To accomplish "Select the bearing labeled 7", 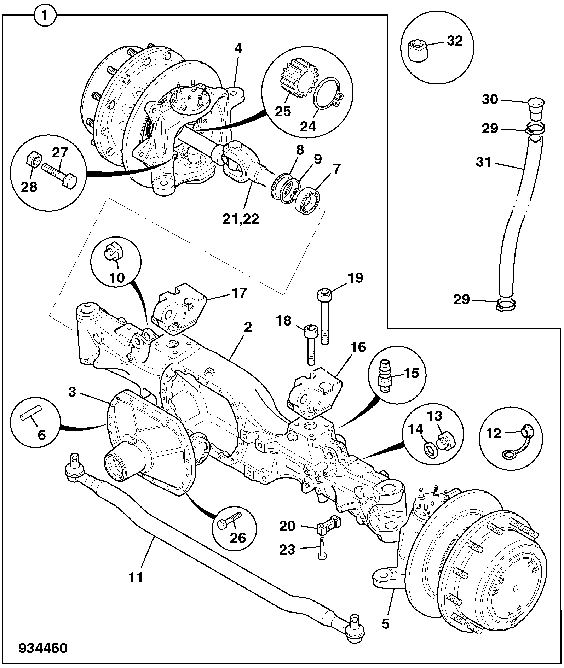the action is (x=306, y=200).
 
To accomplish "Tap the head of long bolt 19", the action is (x=324, y=294).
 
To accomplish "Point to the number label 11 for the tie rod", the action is (x=136, y=577).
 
